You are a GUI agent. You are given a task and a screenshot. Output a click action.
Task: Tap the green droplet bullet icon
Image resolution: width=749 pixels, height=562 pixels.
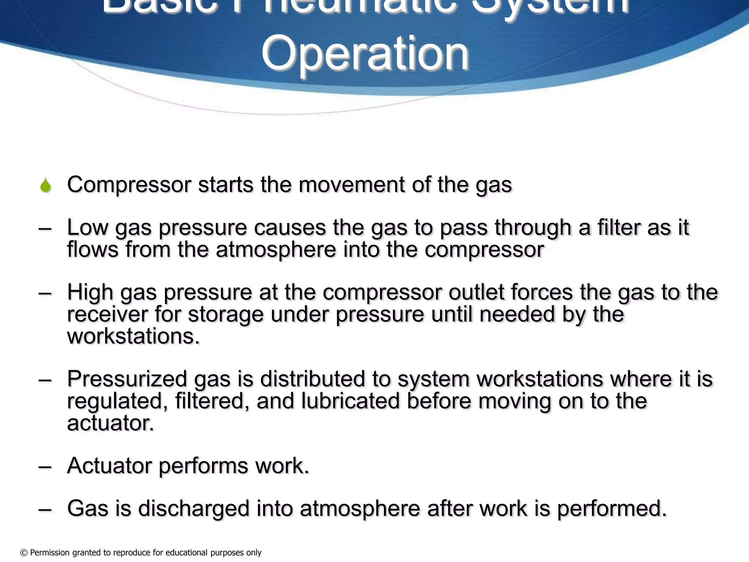click(x=46, y=185)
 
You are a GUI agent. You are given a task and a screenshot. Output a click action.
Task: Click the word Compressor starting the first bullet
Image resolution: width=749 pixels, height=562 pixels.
click(x=129, y=185)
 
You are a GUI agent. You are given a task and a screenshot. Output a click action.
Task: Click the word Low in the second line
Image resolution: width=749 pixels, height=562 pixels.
click(x=87, y=227)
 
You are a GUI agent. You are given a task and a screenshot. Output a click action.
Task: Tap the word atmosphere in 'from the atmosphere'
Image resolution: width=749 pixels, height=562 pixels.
click(x=276, y=250)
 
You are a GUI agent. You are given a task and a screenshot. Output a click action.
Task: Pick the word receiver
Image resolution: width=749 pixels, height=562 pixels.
click(x=107, y=314)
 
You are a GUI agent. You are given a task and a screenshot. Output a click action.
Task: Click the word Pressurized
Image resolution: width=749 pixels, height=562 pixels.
click(x=127, y=379)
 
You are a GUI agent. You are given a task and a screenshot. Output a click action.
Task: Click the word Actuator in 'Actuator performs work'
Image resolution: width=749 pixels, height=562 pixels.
click(x=109, y=466)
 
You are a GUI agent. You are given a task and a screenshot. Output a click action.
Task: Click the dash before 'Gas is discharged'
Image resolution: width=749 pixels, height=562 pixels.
click(x=45, y=509)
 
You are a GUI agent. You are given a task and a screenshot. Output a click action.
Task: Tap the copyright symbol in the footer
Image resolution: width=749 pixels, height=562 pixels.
click(x=24, y=553)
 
